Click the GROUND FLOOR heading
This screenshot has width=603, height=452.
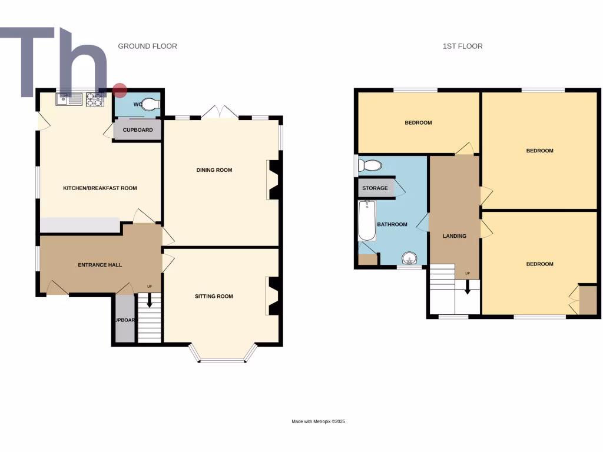pyautogui.click(x=147, y=46)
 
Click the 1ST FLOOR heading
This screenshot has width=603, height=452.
pyautogui.click(x=462, y=46)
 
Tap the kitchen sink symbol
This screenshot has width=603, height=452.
pyautogui.click(x=69, y=99)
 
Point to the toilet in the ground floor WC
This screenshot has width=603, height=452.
pyautogui.click(x=150, y=105)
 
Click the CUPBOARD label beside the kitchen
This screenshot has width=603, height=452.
pyautogui.click(x=138, y=130)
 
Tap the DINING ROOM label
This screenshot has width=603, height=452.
pyautogui.click(x=214, y=170)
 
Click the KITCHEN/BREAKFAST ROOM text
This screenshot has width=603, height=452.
pyautogui.click(x=100, y=188)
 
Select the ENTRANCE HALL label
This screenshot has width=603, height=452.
pyautogui.click(x=100, y=265)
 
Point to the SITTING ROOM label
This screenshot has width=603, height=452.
pyautogui.click(x=214, y=296)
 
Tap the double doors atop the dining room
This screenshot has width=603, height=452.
pyautogui.click(x=220, y=112)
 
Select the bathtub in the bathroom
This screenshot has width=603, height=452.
pyautogui.click(x=367, y=221)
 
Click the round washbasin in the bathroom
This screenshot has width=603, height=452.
pyautogui.click(x=409, y=258)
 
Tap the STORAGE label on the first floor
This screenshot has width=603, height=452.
pyautogui.click(x=375, y=188)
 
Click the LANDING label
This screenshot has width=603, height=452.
pyautogui.click(x=454, y=236)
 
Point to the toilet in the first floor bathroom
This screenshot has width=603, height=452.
pyautogui.click(x=370, y=165)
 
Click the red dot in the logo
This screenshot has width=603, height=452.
pyautogui.click(x=120, y=90)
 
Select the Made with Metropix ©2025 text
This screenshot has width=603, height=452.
pyautogui.click(x=319, y=421)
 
